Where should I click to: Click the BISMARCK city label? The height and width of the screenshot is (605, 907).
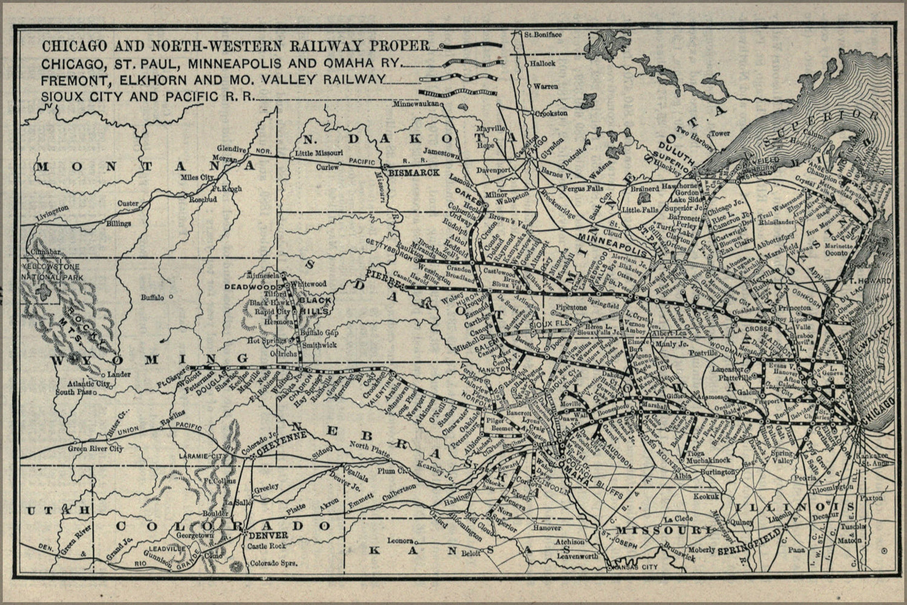click(x=414, y=172)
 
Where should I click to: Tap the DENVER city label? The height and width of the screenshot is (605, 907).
click(x=263, y=535)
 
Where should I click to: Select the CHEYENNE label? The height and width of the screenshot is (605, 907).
click(x=277, y=451)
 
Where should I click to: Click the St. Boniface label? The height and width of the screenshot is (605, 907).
click(x=543, y=34)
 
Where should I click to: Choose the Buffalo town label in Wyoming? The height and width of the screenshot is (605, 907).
click(x=152, y=297)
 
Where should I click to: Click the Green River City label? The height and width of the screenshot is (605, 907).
click(x=96, y=448)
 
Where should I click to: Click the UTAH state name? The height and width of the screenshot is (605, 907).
click(x=50, y=511)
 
